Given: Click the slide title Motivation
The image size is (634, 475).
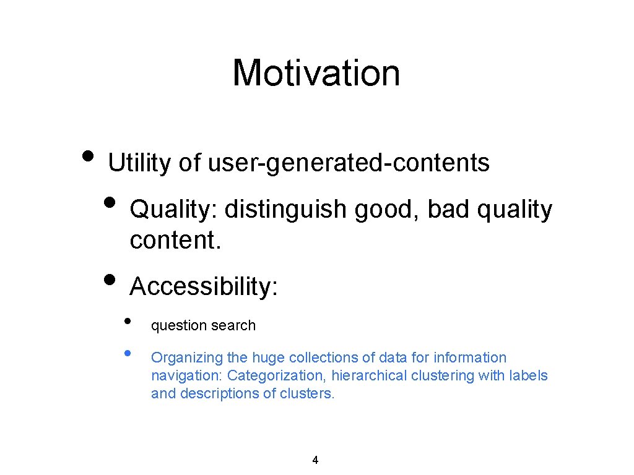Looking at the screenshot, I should (316, 72).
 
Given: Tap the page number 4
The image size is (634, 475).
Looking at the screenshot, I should (315, 460).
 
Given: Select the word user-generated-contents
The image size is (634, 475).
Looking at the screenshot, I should (349, 163).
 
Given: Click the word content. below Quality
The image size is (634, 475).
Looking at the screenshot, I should (175, 240).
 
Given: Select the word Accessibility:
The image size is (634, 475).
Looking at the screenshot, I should (204, 287).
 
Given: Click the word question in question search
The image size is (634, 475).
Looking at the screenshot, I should (177, 326).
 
